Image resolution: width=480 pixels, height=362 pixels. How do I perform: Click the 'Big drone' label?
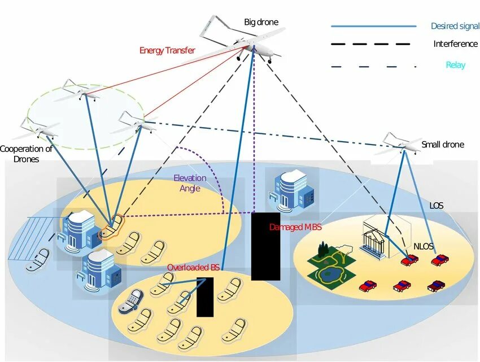[x=261, y=23]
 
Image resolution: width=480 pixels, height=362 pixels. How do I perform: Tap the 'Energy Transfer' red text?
[x=167, y=51]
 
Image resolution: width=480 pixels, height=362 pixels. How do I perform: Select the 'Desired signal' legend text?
[x=454, y=26]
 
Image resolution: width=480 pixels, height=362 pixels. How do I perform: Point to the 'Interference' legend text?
[x=455, y=44]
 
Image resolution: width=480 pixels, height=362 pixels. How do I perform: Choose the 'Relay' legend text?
[x=455, y=65]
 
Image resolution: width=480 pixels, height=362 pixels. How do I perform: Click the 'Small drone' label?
[x=443, y=145]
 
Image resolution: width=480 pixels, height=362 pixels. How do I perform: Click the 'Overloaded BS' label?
[x=193, y=267]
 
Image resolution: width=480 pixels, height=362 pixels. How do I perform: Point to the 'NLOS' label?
[x=424, y=246]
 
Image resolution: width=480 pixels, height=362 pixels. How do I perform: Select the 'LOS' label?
[x=437, y=206]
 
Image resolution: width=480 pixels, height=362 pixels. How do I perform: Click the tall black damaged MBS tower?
[x=265, y=246]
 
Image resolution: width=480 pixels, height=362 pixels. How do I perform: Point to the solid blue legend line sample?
[x=373, y=26]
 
